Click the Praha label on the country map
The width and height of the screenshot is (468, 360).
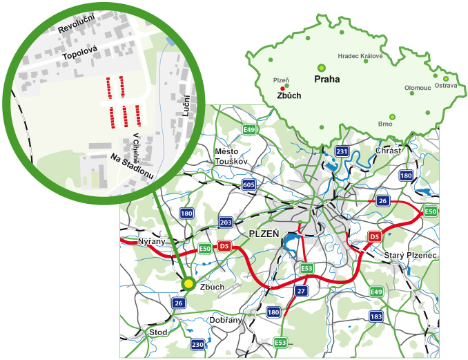tap(326, 79)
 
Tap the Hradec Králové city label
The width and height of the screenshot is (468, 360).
tap(364, 56)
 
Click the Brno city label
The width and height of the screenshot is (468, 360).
tap(385, 124)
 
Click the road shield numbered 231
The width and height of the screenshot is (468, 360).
tap(341, 151)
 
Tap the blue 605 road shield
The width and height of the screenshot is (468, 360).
tap(248, 184)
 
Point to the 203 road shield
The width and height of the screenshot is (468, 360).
tap(226, 222)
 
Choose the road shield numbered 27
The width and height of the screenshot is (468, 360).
tap(300, 291)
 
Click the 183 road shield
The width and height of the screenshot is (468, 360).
tap(376, 316)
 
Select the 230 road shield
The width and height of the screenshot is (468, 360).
tap(198, 344)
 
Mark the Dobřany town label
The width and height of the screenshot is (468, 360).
tap(224, 320)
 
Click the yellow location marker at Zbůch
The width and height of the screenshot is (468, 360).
tap(188, 283)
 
